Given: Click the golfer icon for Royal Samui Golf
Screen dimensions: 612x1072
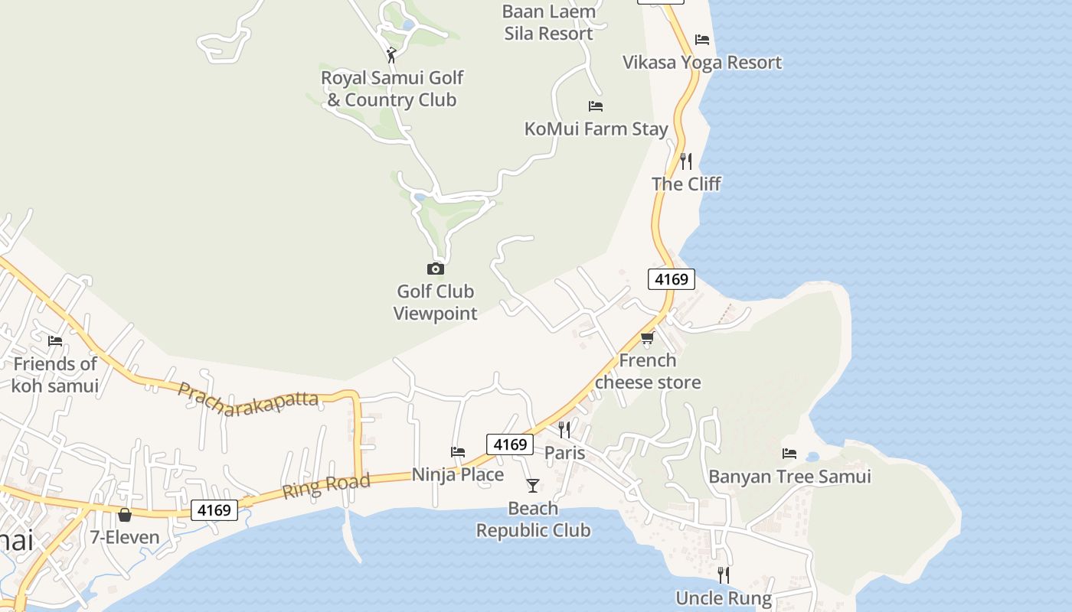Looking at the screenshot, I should click(391, 55).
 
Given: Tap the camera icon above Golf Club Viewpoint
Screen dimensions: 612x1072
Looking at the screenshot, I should click(435, 269).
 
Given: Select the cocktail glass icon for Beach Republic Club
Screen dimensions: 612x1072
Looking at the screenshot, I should click(533, 485).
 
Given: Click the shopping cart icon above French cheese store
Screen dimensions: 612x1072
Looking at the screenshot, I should click(648, 338).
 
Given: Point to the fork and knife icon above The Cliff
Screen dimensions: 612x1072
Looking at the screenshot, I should click(686, 161).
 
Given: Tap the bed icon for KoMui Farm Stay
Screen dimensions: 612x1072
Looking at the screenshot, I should click(595, 106).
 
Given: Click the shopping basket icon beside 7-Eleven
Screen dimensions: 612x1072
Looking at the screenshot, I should click(125, 515).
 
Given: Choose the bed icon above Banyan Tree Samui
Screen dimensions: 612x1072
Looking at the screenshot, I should click(789, 454).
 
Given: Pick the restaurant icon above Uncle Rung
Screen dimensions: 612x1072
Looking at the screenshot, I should click(723, 575).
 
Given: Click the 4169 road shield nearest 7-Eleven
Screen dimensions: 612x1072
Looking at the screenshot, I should click(214, 509).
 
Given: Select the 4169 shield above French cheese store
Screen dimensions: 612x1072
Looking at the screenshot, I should click(672, 279).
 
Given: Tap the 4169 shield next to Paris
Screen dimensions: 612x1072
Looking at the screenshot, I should click(510, 444).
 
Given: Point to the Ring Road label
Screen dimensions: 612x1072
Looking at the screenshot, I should click(326, 485).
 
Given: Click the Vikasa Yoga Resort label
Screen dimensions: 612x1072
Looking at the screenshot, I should click(702, 63).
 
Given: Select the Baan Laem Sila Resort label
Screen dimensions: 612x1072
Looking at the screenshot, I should click(549, 23).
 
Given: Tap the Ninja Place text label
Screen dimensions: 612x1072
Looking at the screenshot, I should click(458, 475).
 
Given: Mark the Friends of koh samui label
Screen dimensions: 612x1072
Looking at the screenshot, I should click(55, 375).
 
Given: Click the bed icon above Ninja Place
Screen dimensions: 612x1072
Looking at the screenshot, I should click(458, 452).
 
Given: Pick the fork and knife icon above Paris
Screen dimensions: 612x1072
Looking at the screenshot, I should click(564, 429).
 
